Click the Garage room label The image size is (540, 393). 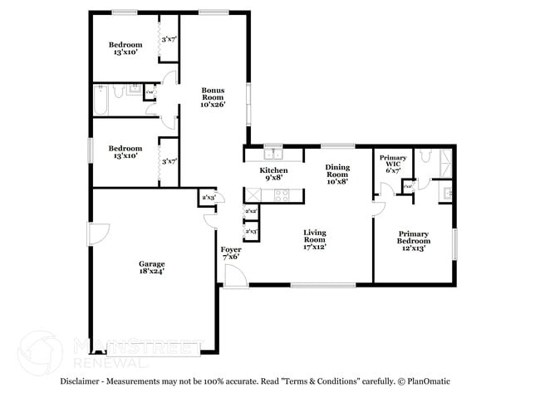point(151,263)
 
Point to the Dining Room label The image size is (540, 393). point(336,170)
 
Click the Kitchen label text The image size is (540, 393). point(274,169)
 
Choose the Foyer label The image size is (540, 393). point(231,249)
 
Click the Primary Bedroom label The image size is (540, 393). point(413,238)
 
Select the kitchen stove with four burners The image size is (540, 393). point(281,195)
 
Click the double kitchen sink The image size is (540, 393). point(272,153)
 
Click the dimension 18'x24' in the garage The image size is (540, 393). point(151,270)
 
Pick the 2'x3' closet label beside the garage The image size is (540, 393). point(208,198)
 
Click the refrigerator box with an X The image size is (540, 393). point(251,195)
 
